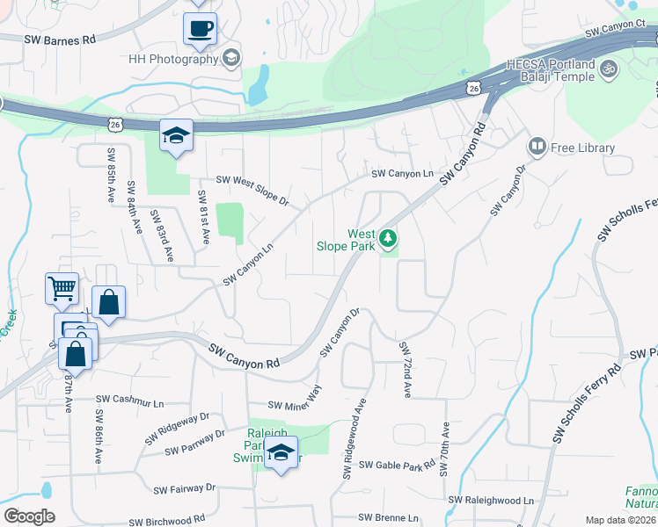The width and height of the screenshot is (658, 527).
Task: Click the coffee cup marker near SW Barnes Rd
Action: [x=200, y=27]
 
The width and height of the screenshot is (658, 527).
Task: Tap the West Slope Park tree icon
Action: [x=387, y=237]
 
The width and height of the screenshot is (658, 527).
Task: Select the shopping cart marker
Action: [x=62, y=287]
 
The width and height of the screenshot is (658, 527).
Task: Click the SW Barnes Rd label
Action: [x=60, y=40]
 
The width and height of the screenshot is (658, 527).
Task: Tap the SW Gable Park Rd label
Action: [x=397, y=465]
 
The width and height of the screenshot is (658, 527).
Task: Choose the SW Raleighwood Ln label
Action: [x=491, y=500]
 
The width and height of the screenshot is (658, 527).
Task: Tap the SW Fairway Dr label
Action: [x=185, y=487]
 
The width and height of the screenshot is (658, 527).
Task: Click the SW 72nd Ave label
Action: [x=406, y=369]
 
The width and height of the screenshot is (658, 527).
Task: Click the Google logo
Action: [x=29, y=516]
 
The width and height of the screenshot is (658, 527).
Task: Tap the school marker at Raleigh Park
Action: [x=281, y=453]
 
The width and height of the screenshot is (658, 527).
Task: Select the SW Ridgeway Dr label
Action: [x=184, y=421]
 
